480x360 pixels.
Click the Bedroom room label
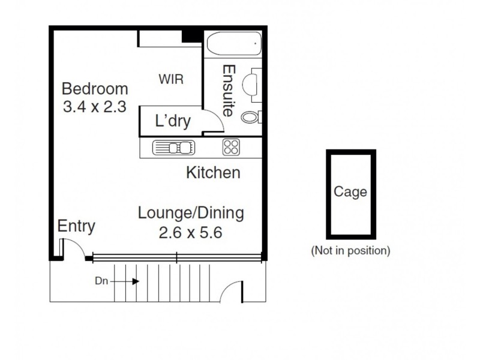[95, 89]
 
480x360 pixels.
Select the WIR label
[171, 79]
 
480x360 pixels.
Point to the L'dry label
[173, 122]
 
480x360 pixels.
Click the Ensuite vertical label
[228, 90]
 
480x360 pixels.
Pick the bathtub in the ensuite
[233, 43]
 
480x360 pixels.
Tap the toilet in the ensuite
[251, 116]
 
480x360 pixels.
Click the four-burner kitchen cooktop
[231, 148]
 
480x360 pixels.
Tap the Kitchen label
[213, 173]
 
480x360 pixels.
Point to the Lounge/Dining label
[190, 212]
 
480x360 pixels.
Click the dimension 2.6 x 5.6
[190, 232]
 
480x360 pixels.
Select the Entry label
[76, 226]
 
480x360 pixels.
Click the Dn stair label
[101, 280]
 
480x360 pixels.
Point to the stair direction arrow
[127, 281]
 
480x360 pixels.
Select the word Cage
[350, 193]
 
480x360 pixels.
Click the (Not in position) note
[350, 250]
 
